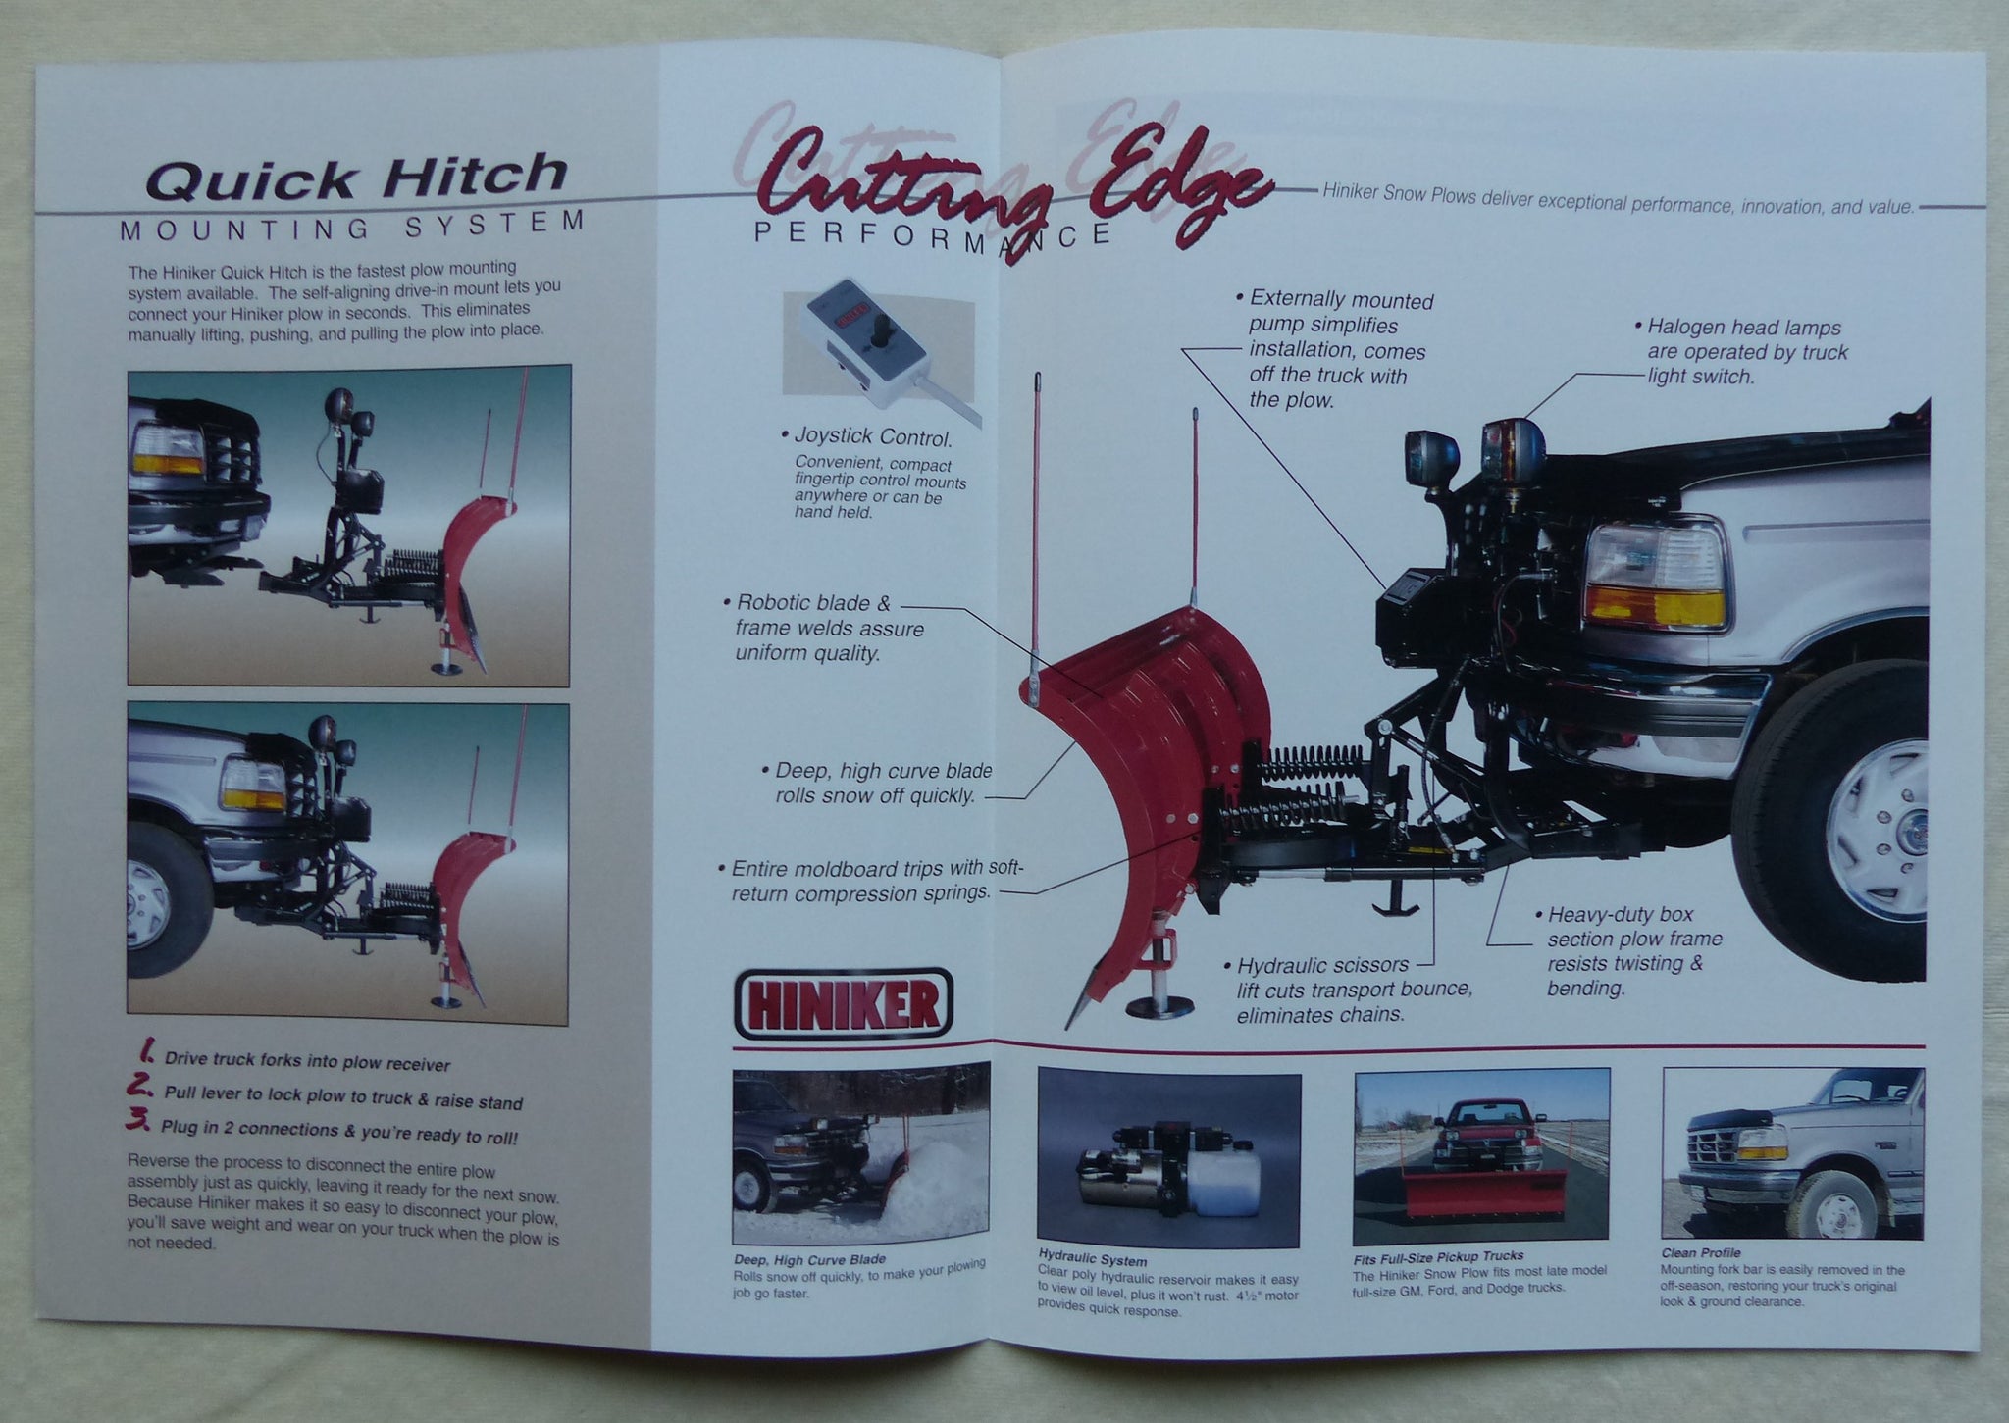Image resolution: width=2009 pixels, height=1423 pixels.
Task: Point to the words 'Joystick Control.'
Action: [x=866, y=438]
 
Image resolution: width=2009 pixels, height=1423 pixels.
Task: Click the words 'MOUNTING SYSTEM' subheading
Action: [x=353, y=228]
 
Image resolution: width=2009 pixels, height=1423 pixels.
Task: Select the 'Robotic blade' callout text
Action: [x=822, y=628]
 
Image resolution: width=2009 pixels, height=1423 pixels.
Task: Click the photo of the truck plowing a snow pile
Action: [x=861, y=1153]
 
